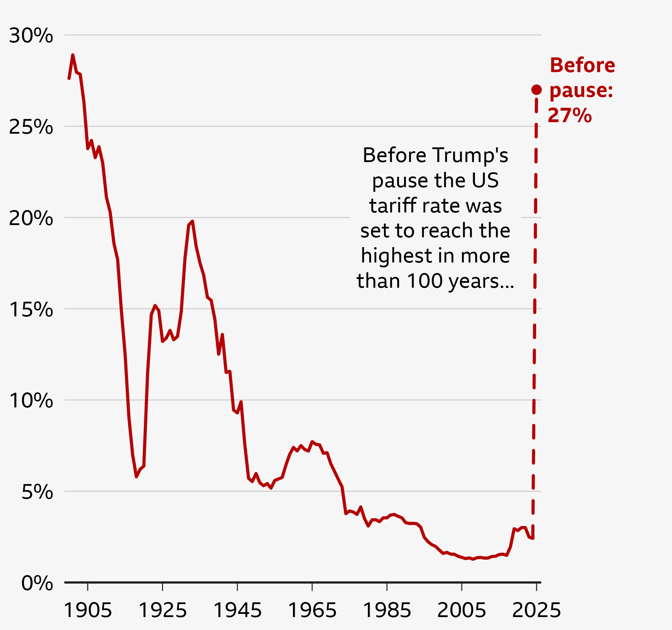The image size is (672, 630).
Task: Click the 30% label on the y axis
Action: tap(31, 36)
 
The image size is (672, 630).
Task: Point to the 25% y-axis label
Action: tap(31, 127)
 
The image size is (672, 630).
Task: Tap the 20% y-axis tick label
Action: tap(31, 218)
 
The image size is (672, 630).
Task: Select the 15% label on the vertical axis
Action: tap(31, 309)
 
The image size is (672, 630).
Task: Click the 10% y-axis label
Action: tap(31, 400)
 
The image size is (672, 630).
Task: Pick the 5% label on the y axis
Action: tap(37, 492)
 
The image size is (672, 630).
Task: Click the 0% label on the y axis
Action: tap(37, 583)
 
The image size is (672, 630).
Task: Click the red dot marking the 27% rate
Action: tap(537, 90)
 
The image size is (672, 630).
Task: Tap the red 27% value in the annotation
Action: tap(569, 115)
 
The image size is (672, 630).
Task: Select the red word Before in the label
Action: tap(582, 65)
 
